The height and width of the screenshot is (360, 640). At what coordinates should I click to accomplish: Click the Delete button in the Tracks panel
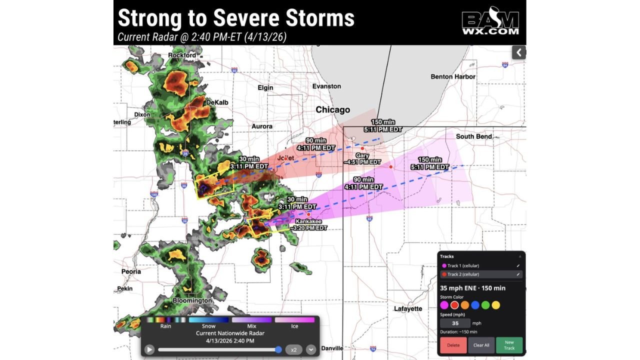(453, 345)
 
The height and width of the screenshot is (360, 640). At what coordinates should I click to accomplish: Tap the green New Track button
(509, 345)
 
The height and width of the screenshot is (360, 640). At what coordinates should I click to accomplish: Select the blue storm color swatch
(475, 305)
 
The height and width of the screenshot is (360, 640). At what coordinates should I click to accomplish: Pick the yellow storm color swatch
(495, 305)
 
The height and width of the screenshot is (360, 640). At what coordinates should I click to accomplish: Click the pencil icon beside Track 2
(518, 274)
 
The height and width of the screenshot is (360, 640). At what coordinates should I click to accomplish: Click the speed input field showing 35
(455, 323)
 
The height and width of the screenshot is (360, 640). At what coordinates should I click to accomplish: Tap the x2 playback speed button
(294, 349)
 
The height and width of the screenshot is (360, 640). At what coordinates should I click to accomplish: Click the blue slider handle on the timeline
(278, 349)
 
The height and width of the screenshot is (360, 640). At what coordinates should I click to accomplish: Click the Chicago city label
(332, 110)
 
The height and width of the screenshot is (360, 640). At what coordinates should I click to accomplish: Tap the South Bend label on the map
(473, 136)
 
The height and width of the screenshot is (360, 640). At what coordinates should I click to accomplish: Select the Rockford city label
(182, 55)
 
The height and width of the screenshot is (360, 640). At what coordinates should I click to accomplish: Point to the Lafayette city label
(408, 308)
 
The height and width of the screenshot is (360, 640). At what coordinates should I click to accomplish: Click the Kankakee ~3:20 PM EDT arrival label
(308, 224)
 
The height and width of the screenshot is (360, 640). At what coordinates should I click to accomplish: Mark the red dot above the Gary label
(362, 148)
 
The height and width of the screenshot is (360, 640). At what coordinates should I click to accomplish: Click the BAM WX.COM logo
(490, 22)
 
